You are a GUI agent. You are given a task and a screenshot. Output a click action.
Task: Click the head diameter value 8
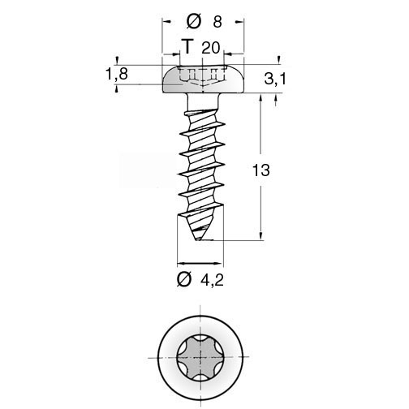pyautogui.click(x=217, y=22)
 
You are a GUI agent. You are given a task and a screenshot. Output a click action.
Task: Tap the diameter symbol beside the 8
pyautogui.click(x=194, y=22)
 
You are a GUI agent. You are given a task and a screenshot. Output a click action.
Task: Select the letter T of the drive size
pyautogui.click(x=187, y=46)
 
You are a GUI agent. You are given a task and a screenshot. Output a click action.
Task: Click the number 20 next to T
pyautogui.click(x=211, y=48)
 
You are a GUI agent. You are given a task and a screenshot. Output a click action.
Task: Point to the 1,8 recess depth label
pyautogui.click(x=117, y=74)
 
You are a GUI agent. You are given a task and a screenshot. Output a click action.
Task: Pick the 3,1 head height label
pyautogui.click(x=275, y=79)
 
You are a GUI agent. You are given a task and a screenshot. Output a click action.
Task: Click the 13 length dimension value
pyautogui.click(x=260, y=170)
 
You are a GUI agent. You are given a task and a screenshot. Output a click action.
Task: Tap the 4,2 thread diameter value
pyautogui.click(x=213, y=280)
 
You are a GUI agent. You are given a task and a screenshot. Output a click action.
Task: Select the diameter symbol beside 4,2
pyautogui.click(x=184, y=279)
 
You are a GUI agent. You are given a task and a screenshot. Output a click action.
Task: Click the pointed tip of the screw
pyautogui.click(x=198, y=239)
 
